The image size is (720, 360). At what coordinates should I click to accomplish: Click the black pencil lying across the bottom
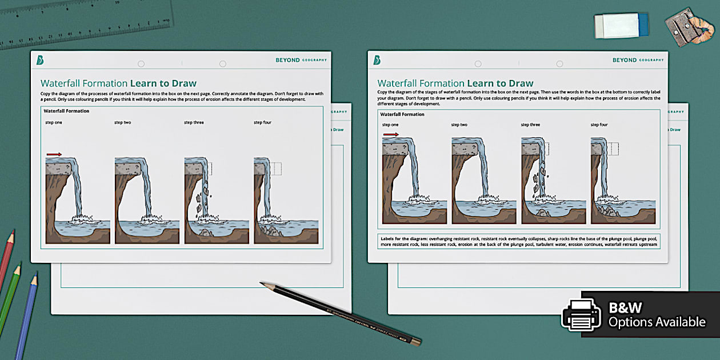(340, 314)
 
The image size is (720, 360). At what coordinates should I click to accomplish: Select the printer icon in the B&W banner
(581, 315)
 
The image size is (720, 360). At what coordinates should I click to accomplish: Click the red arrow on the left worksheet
(54, 154)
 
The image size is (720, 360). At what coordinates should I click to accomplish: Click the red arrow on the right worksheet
(391, 135)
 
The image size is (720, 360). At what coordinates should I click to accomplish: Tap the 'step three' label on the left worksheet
(194, 122)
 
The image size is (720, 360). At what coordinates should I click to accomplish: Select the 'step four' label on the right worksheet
(599, 125)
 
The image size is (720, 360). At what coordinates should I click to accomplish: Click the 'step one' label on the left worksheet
(54, 122)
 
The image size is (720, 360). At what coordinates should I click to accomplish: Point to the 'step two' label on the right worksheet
(459, 125)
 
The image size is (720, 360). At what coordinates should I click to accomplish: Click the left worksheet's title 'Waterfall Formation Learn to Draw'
(118, 83)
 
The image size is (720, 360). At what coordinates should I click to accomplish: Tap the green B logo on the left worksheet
(40, 60)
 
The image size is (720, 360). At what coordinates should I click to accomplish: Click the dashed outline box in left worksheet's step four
(277, 169)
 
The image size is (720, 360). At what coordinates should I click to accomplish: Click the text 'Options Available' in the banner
(657, 322)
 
